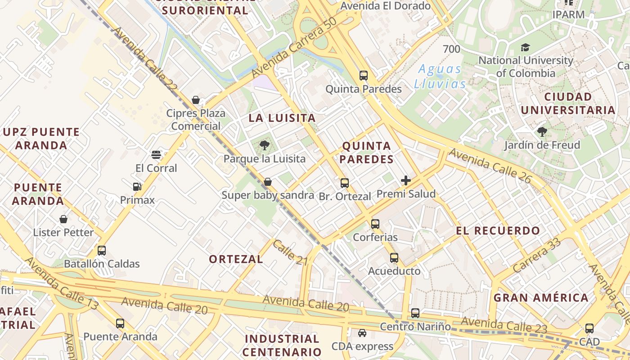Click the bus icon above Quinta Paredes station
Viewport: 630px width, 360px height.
coord(364,75)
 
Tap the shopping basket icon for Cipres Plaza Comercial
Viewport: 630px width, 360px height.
coord(196,99)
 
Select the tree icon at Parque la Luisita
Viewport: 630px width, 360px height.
coord(265,145)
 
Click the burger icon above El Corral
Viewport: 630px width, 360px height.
coord(156,155)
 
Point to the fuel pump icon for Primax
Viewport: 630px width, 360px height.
coord(137,186)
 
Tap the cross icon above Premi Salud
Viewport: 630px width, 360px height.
coord(406,180)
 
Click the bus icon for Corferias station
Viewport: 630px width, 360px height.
coord(375,224)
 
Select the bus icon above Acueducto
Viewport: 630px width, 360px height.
coord(394,258)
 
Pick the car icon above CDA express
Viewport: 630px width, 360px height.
coord(362,333)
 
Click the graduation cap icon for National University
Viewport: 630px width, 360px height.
coord(525,47)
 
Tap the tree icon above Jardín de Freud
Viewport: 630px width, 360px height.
coord(542,132)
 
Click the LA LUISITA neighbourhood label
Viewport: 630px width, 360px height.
coord(282,118)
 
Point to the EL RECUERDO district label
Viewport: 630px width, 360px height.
coord(498,231)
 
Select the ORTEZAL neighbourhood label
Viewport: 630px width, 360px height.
coord(236,259)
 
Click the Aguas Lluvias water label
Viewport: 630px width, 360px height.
coord(440,76)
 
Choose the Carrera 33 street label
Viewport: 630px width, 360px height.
coord(537,255)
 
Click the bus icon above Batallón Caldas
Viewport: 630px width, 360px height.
coord(102,251)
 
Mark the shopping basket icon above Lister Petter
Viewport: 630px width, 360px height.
coord(63,219)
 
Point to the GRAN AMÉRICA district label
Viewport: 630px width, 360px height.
coord(541,298)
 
